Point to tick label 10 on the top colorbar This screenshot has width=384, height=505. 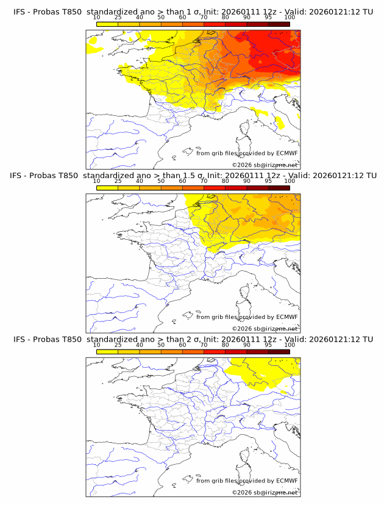click(96, 18)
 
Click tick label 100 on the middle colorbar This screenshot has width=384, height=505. click(290, 181)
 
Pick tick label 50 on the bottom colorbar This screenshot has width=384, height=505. click(161, 345)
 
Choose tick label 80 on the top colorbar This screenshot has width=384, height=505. click(226, 18)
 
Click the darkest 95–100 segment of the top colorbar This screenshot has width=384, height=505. click(279, 24)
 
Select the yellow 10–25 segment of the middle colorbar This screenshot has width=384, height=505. click(107, 188)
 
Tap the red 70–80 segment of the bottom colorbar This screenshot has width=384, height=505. click(215, 351)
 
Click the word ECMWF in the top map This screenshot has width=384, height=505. click(287, 154)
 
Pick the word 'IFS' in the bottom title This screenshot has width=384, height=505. click(20, 339)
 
